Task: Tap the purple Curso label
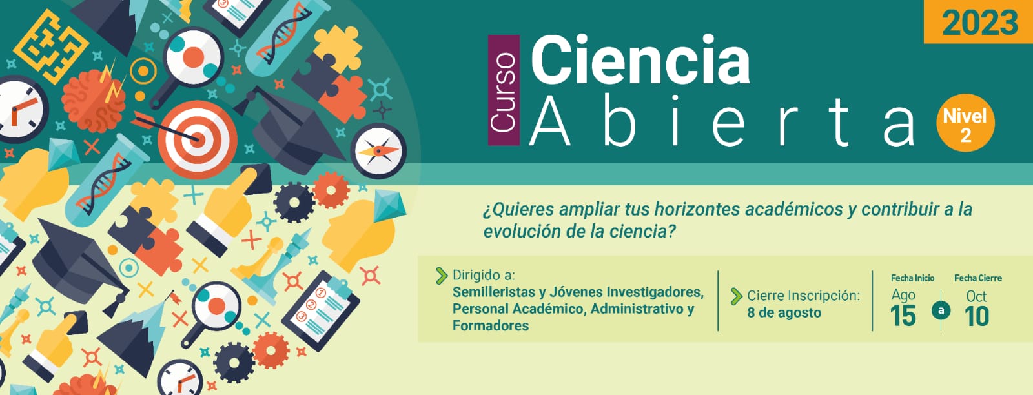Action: click(x=504, y=90)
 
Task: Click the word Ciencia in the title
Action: click(x=640, y=60)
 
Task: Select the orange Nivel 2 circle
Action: click(x=965, y=123)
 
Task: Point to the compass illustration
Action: click(x=378, y=151)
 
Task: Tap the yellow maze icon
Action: click(x=51, y=46)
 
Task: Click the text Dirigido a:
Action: click(x=484, y=275)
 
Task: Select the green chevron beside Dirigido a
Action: click(x=442, y=275)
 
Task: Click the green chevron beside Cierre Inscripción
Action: click(x=737, y=296)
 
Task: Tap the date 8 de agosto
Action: click(x=784, y=312)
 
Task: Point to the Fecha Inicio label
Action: click(x=912, y=278)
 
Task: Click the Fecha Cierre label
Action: click(x=977, y=278)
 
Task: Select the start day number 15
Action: click(x=903, y=316)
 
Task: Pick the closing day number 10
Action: click(x=976, y=316)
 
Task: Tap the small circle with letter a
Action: click(x=941, y=310)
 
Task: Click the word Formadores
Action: click(x=490, y=325)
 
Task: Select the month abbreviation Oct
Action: click(x=976, y=296)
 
